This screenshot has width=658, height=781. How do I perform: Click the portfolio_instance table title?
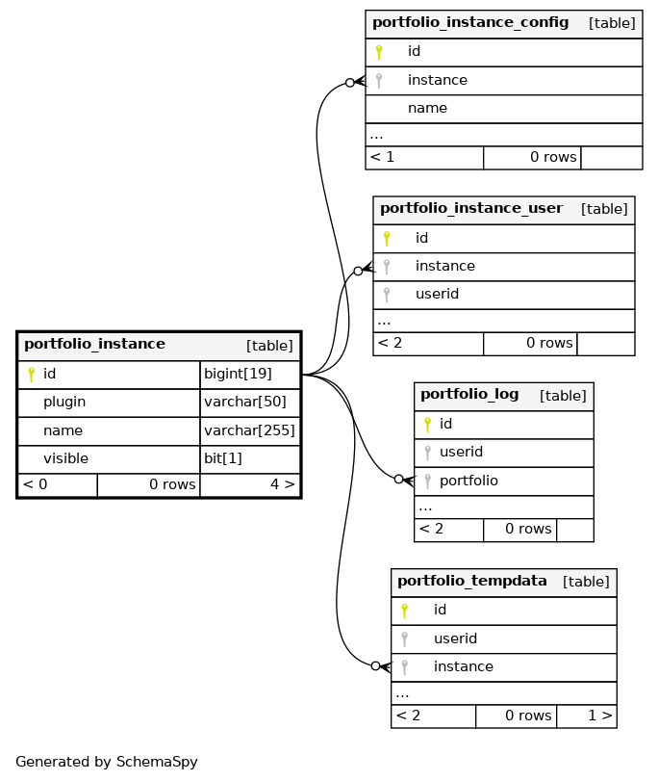point(94,344)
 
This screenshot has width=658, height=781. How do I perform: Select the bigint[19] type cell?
point(250,375)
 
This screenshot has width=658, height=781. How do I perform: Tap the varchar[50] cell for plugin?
point(250,403)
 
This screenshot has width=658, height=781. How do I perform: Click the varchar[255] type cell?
point(250,430)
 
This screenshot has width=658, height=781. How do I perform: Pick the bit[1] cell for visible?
point(250,458)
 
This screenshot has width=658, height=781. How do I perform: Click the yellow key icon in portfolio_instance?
point(32,375)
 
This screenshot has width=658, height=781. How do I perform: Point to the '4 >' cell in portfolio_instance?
point(250,484)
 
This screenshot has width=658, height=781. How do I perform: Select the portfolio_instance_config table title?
point(470,23)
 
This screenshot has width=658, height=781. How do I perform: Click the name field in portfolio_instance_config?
point(427,108)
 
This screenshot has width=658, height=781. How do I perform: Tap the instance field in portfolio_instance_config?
point(438,80)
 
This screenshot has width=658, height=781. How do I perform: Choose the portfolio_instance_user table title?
point(471,209)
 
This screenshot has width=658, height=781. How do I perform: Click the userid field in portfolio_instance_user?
point(437,294)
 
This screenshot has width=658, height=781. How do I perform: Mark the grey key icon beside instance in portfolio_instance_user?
point(387,267)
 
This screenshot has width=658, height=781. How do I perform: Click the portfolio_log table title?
point(469,395)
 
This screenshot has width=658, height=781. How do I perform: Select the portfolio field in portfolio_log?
point(468,481)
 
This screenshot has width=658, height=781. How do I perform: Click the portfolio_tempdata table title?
point(471,582)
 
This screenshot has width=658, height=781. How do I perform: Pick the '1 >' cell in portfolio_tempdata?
point(586,716)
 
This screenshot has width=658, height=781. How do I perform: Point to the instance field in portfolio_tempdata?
point(464,666)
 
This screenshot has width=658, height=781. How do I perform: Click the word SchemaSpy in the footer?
point(157,762)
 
